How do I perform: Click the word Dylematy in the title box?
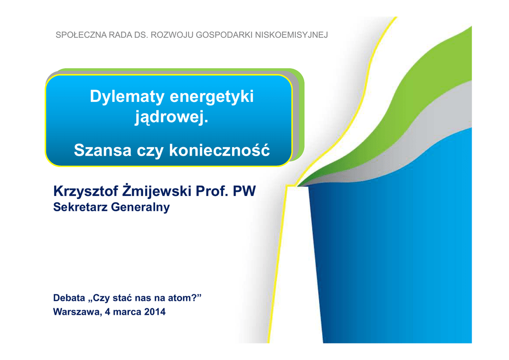127,97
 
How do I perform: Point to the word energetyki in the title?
211,97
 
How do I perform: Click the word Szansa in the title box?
102,150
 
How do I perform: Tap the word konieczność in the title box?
219,150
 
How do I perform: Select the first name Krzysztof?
85,191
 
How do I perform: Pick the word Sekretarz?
80,207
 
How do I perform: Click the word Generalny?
140,207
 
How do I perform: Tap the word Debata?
69,298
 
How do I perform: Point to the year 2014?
155,312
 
